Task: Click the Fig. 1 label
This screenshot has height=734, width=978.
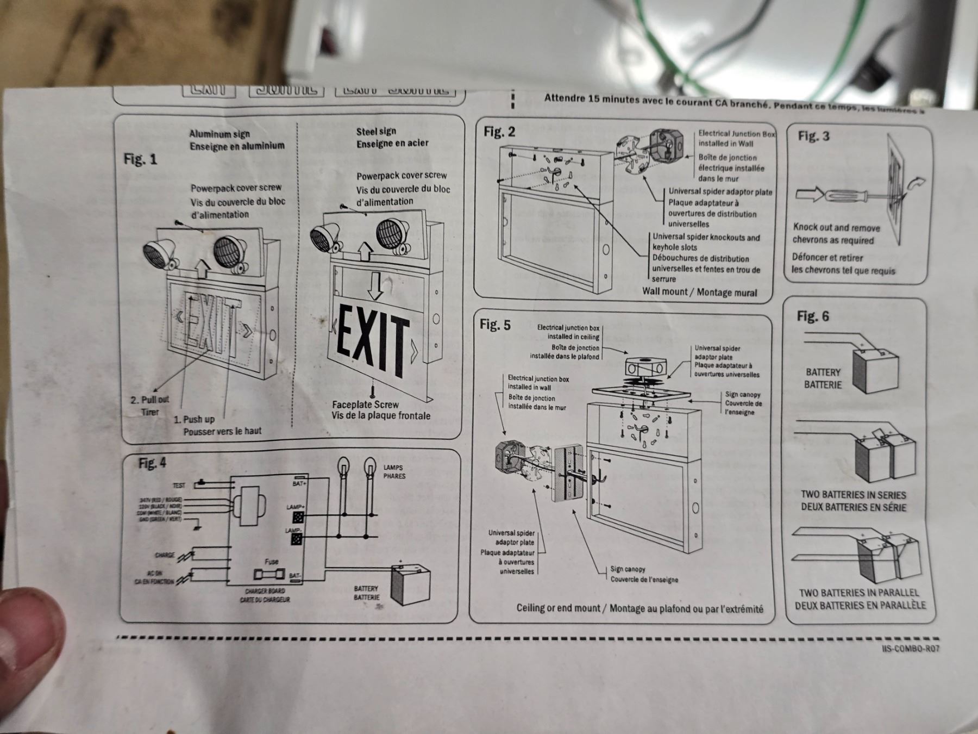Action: pos(140,159)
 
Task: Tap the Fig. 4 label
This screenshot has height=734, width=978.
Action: pos(152,463)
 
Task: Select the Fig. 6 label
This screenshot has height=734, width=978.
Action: pos(813,316)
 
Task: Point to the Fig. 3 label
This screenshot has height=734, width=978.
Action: pos(813,136)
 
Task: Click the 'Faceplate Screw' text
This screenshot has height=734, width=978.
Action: pos(365,405)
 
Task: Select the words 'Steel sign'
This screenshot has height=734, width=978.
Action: pos(376,131)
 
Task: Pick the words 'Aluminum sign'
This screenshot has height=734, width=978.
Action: pos(220,134)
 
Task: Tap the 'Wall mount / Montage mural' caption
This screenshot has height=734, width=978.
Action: pos(699,292)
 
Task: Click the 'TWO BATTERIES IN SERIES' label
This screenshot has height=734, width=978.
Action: pos(853,495)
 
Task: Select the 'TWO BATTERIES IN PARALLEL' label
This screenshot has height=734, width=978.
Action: pos(858,593)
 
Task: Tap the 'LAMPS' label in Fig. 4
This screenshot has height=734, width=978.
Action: pos(393,467)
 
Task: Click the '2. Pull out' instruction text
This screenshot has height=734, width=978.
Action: pos(149,400)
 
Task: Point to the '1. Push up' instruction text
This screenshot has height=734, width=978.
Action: pos(194,419)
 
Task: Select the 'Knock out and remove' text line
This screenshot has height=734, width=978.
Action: pos(836,227)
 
